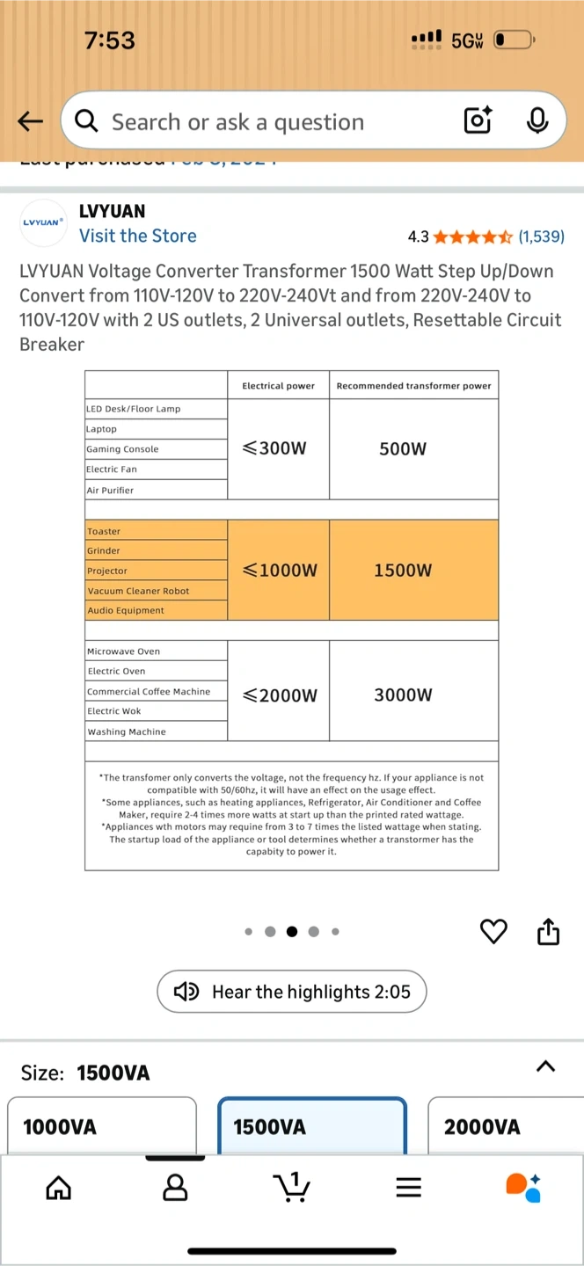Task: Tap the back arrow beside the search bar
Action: click(x=30, y=121)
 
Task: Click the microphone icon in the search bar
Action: click(x=537, y=120)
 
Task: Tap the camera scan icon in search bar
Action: click(x=477, y=120)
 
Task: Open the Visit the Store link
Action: click(x=138, y=236)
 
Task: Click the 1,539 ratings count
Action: click(x=541, y=236)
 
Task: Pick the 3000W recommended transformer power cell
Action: click(x=403, y=695)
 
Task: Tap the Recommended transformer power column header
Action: click(x=413, y=386)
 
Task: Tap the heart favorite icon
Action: click(x=494, y=931)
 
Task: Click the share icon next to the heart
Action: click(x=548, y=931)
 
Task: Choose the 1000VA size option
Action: click(x=102, y=1126)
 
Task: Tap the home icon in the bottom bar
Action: click(x=58, y=1189)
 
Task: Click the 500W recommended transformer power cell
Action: click(x=403, y=448)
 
